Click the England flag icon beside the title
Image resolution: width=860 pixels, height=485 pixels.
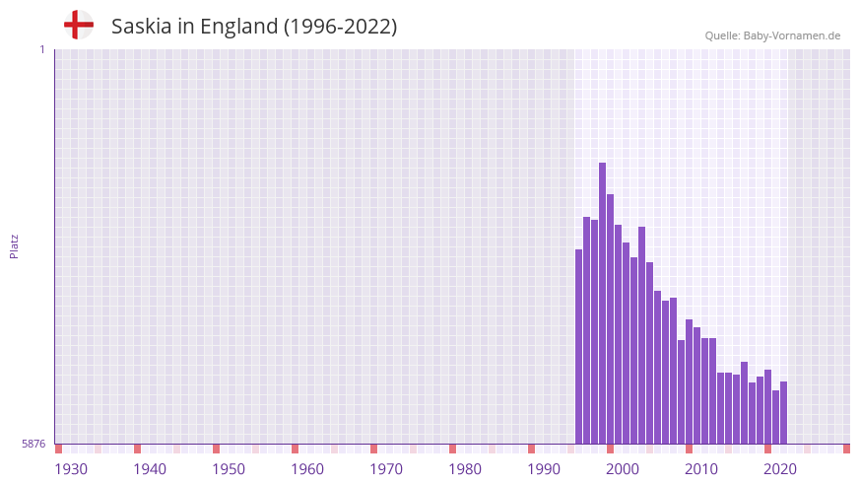tap(78, 25)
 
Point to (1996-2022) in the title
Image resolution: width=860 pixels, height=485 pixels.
tap(340, 27)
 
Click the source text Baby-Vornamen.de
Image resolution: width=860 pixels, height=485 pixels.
tap(792, 35)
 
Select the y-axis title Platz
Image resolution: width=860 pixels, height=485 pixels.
tap(14, 245)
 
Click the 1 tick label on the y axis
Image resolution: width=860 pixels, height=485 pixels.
tap(41, 49)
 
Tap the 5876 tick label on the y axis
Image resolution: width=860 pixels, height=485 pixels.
tap(33, 445)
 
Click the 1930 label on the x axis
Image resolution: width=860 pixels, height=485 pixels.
tap(71, 469)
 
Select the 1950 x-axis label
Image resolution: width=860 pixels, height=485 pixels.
tap(229, 469)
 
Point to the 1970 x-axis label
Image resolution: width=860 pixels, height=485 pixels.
tap(386, 469)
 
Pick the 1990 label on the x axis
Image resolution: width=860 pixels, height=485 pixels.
tap(544, 469)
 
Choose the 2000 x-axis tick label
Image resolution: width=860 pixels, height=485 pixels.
tap(623, 469)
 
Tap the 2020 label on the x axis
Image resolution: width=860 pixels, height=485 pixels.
tap(780, 469)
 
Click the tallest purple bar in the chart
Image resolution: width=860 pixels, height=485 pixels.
tap(602, 304)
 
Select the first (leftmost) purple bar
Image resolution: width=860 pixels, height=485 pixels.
tap(578, 347)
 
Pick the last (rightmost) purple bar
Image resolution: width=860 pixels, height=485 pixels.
tap(783, 413)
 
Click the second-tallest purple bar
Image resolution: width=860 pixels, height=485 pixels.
tap(610, 319)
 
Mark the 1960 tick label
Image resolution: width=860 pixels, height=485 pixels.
tap(307, 469)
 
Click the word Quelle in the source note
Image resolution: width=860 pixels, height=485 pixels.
tap(722, 35)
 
